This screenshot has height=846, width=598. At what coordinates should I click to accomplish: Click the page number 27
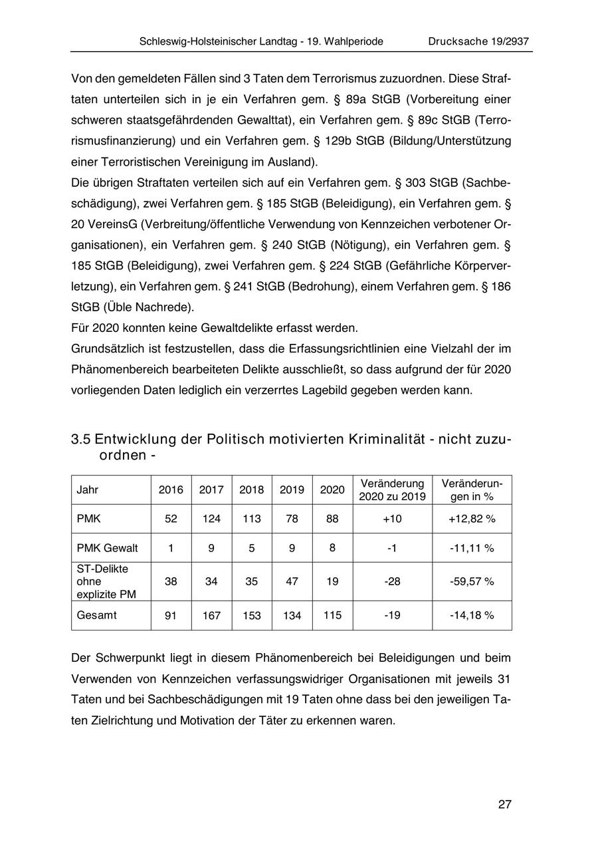click(504, 805)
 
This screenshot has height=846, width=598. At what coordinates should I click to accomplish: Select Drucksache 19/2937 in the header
click(478, 41)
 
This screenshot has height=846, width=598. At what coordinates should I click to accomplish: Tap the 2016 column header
click(171, 490)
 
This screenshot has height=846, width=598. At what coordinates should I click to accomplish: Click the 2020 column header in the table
click(332, 490)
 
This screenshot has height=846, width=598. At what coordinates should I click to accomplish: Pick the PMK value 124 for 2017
click(211, 519)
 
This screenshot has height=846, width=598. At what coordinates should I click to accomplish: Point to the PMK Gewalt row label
click(108, 548)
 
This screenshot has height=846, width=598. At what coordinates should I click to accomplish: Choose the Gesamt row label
click(97, 615)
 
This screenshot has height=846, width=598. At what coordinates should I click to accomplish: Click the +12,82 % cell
click(472, 519)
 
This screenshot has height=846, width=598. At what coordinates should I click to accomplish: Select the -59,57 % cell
click(472, 581)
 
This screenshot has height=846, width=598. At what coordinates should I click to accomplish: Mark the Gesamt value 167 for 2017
click(211, 616)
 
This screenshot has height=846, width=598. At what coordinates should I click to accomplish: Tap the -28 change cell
click(392, 581)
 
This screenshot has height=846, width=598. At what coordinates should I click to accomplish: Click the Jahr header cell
click(88, 490)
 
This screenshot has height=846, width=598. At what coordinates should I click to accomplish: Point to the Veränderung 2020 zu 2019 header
click(392, 490)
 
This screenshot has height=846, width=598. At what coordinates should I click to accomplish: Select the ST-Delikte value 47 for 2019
click(292, 581)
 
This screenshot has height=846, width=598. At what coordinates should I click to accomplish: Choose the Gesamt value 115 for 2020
click(332, 616)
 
